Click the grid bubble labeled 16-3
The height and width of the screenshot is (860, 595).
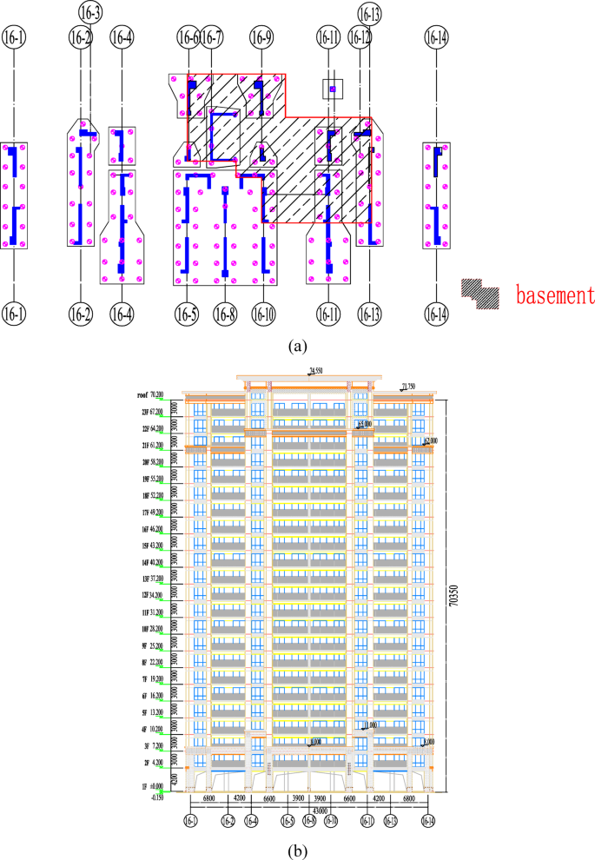(89, 12)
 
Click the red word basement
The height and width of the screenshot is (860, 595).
(553, 294)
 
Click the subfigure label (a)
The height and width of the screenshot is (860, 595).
(298, 346)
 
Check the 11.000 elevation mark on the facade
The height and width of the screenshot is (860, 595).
(369, 724)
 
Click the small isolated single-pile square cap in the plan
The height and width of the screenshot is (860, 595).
(333, 89)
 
